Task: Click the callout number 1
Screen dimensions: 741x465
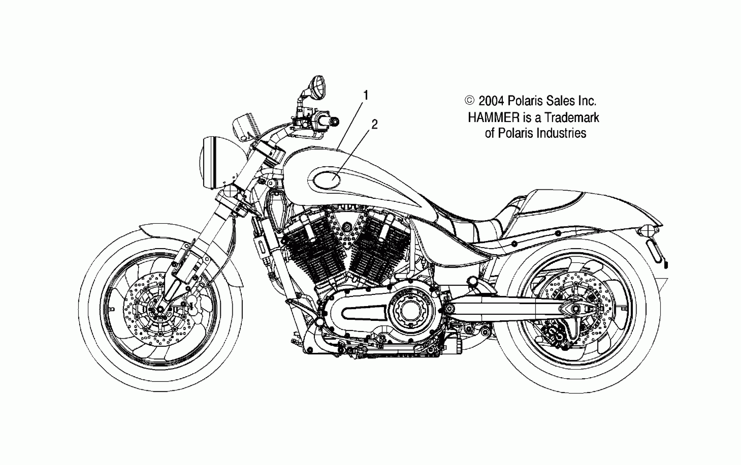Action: coord(365,95)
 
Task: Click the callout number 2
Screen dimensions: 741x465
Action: coord(374,124)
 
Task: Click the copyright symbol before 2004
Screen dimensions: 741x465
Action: coord(469,101)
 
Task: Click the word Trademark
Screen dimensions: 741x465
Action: coord(571,117)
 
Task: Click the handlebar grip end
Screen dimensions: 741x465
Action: coord(335,121)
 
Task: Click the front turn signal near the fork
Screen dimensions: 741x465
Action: coord(230,191)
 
